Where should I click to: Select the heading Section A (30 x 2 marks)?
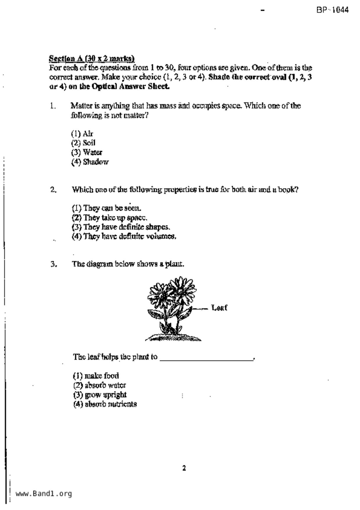coord(92,58)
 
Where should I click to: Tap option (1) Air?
coord(82,134)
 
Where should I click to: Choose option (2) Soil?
coord(83,143)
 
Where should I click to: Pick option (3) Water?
coord(87,152)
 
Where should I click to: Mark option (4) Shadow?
coord(90,162)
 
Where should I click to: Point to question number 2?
coord(53,190)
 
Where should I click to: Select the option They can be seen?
coord(107,208)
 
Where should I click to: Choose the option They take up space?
coord(110,218)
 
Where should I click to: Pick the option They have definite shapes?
coord(121,227)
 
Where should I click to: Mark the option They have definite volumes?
coord(124,236)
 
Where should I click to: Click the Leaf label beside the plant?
coord(219,308)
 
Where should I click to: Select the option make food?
coord(96,376)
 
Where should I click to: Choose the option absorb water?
coord(100,386)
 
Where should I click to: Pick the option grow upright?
coord(100,395)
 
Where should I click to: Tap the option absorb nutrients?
coord(105,404)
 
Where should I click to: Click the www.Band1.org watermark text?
coord(44,493)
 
